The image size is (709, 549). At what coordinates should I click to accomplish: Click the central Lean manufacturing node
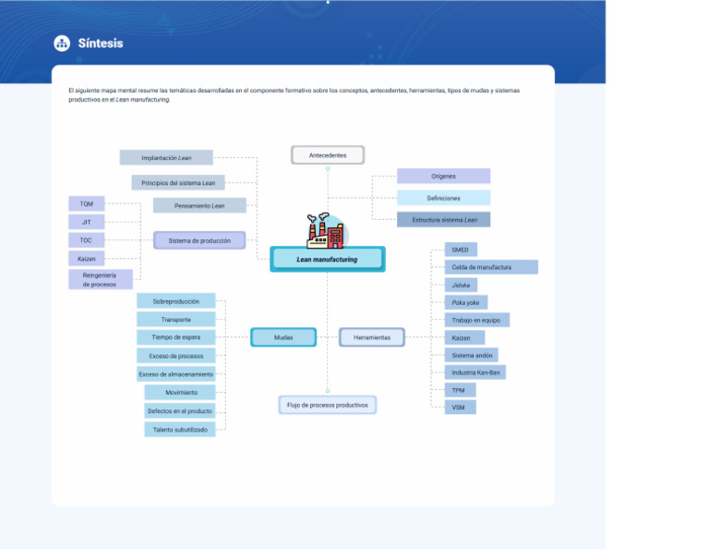tap(327, 260)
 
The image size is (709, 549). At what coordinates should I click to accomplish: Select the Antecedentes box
tap(328, 155)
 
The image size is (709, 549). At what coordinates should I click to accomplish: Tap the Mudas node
tap(283, 337)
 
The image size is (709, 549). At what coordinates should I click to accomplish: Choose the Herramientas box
tap(372, 337)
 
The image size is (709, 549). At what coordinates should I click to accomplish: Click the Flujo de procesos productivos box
tap(328, 405)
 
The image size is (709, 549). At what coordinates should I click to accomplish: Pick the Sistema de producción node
tap(199, 240)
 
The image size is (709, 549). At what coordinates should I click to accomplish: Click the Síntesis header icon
tap(62, 43)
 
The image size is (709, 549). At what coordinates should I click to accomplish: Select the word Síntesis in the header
tap(101, 43)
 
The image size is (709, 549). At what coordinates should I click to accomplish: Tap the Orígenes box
tap(443, 176)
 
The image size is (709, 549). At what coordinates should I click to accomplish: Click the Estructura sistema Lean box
tap(444, 220)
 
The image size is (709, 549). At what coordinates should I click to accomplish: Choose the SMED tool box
tap(460, 250)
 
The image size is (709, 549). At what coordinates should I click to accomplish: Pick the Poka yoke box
tap(465, 302)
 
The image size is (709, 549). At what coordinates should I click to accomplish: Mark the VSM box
tap(459, 408)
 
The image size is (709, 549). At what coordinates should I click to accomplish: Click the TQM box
tap(86, 203)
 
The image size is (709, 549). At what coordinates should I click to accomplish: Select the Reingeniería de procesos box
tap(101, 279)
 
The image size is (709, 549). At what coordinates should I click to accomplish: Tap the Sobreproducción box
tap(175, 301)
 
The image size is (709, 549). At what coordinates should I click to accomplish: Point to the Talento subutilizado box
tap(180, 430)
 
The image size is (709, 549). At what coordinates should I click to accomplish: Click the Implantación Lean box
tap(166, 158)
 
